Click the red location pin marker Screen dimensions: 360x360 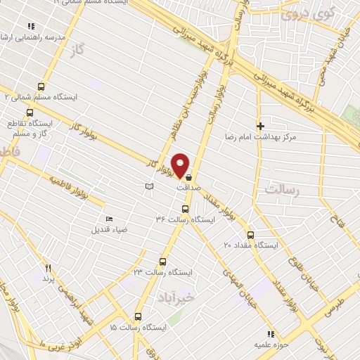(180, 165)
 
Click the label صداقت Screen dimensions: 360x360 (188, 188)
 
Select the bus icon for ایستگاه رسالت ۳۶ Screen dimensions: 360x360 (185, 209)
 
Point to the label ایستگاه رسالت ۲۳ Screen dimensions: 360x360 (163, 271)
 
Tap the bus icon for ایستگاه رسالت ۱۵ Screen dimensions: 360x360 (138, 317)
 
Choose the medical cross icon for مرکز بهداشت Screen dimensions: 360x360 (260, 125)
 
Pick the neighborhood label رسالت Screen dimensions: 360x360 (283, 190)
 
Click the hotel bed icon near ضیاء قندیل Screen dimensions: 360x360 (108, 219)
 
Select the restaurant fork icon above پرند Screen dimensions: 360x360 (48, 268)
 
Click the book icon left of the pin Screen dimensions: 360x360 (148, 186)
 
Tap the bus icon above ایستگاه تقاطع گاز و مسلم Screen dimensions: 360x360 (30, 112)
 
